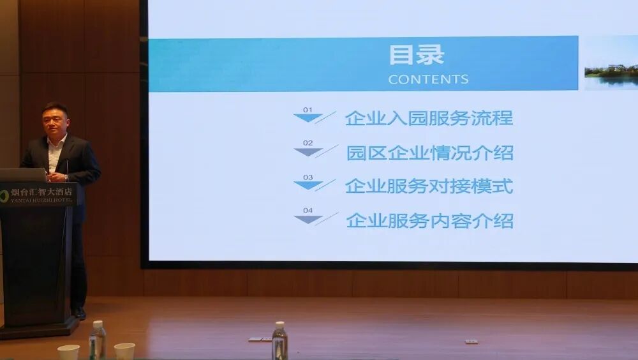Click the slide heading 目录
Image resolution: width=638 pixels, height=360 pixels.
pyautogui.click(x=416, y=54)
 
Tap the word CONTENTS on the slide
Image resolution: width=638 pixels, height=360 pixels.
pyautogui.click(x=428, y=79)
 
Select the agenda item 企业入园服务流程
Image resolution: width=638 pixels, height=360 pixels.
pyautogui.click(x=429, y=118)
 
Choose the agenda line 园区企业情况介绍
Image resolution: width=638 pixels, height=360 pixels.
pyautogui.click(x=429, y=153)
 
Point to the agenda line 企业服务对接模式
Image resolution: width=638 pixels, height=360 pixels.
pyautogui.click(x=429, y=186)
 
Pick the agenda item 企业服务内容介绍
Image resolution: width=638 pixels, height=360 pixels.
pyautogui.click(x=429, y=220)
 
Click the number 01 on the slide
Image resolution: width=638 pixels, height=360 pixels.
pyautogui.click(x=308, y=110)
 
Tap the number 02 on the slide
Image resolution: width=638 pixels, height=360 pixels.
pyautogui.click(x=308, y=143)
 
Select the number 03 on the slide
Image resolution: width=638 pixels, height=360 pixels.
pyautogui.click(x=308, y=177)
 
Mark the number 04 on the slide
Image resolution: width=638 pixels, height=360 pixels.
pyautogui.click(x=308, y=210)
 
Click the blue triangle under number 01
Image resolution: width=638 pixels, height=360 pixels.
pyautogui.click(x=308, y=117)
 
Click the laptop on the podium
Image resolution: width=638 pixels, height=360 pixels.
pyautogui.click(x=23, y=175)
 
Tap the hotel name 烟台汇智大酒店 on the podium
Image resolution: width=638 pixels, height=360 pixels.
pyautogui.click(x=41, y=191)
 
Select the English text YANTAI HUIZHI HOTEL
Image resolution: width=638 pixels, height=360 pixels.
pyautogui.click(x=41, y=200)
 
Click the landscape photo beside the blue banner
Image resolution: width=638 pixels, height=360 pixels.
pyautogui.click(x=611, y=63)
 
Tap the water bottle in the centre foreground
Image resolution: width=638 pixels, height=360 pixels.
pyautogui.click(x=279, y=341)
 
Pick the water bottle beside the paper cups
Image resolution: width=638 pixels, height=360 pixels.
pyautogui.click(x=98, y=340)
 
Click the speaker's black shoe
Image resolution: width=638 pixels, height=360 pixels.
pyautogui.click(x=79, y=313)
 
